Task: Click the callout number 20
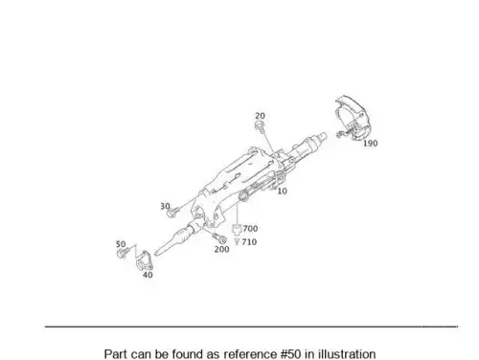click(260, 116)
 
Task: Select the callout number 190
click(371, 144)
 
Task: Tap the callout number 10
click(282, 191)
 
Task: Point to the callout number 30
click(165, 207)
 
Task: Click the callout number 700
click(250, 229)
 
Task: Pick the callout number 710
click(249, 242)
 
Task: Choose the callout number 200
click(221, 249)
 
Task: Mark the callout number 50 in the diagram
click(121, 244)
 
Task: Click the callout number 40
click(148, 275)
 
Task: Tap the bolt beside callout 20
click(260, 126)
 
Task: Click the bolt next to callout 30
click(172, 212)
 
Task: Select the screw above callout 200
click(219, 238)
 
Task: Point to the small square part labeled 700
click(237, 229)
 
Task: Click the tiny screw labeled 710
click(237, 241)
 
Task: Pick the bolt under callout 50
click(123, 253)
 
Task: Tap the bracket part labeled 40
click(145, 260)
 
